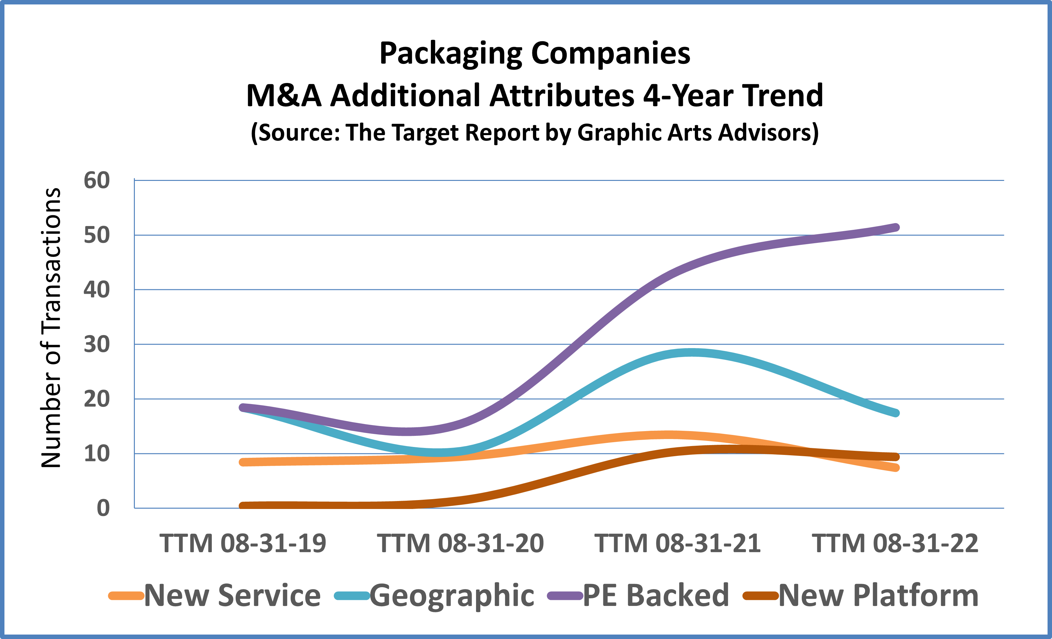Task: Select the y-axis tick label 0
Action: pos(103,508)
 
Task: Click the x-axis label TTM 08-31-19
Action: pos(243,543)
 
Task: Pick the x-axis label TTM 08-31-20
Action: pos(460,543)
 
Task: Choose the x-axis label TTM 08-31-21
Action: pos(678,543)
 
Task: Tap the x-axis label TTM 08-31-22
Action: pos(895,543)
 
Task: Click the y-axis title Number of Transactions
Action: pos(51,328)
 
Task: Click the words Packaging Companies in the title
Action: pos(535,54)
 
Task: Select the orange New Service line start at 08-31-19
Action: pos(243,462)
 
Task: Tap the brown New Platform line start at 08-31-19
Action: pos(243,506)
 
